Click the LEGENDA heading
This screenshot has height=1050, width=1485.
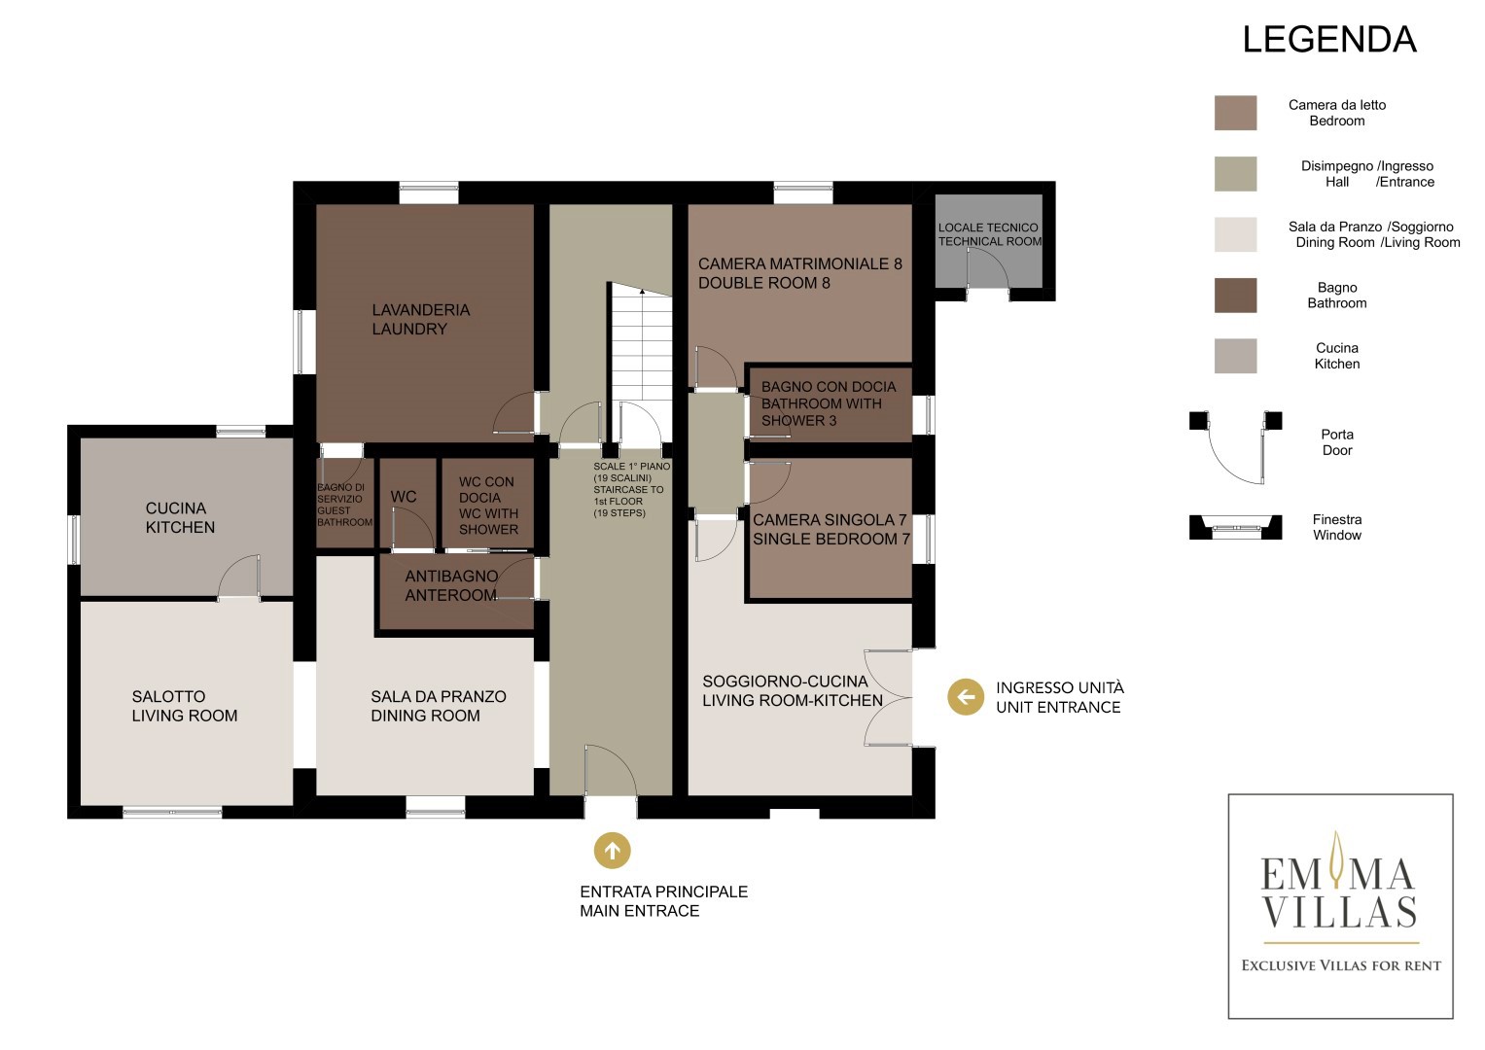tap(1329, 40)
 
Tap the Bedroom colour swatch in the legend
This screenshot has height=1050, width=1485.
tap(1235, 113)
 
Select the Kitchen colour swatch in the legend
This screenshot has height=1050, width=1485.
tap(1235, 356)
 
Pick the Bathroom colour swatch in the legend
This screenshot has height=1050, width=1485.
tap(1235, 295)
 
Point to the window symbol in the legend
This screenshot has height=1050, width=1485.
tap(1235, 527)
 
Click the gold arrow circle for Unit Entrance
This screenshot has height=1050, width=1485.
tap(966, 697)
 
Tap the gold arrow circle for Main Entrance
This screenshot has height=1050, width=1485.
tap(612, 850)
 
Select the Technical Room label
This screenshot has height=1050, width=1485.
tap(989, 234)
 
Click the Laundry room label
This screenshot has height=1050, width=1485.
tap(420, 320)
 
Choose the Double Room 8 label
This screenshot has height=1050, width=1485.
tap(799, 273)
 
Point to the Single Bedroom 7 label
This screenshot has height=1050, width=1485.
tap(831, 530)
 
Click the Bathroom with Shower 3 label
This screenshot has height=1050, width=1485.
tap(828, 403)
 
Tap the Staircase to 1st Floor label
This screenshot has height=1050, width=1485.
tap(631, 490)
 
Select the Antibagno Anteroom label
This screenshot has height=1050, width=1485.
tap(451, 586)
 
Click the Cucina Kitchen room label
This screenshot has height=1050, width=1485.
tap(180, 517)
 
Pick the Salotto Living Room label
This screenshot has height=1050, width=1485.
tap(185, 706)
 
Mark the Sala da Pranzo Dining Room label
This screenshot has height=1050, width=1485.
tap(439, 706)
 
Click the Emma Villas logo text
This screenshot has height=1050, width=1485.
tap(1338, 892)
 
